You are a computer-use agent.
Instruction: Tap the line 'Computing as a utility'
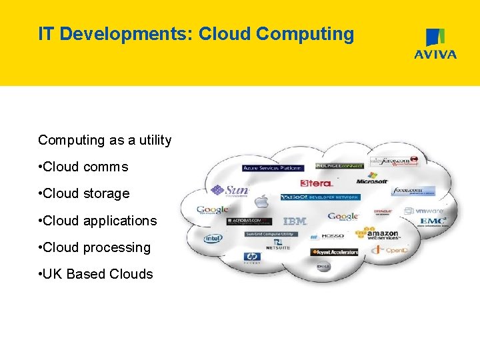[x=105, y=140]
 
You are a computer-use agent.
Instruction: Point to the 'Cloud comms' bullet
[x=85, y=167]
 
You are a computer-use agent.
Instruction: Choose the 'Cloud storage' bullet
[x=85, y=193]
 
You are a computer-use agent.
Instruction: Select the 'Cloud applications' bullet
[x=99, y=221]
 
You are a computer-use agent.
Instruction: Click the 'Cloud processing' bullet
[x=95, y=247]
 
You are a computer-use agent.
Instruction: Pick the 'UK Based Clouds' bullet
[x=97, y=274]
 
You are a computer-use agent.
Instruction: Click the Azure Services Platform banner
[x=273, y=168]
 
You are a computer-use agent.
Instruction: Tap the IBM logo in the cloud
[x=295, y=221]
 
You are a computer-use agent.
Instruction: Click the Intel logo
[x=213, y=238]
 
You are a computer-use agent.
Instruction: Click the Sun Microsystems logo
[x=229, y=191]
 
